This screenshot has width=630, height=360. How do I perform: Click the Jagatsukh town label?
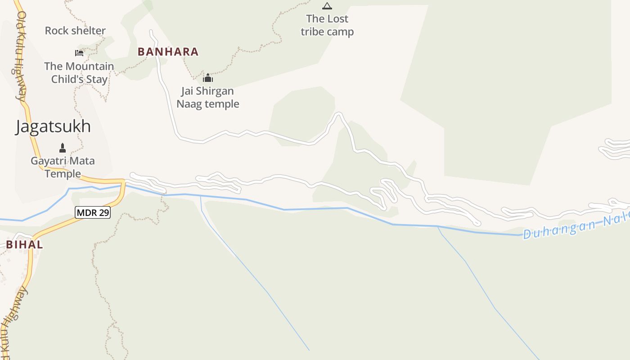pyautogui.click(x=53, y=126)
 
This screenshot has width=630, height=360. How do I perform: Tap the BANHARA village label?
pyautogui.click(x=168, y=52)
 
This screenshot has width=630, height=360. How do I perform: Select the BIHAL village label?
pyautogui.click(x=24, y=245)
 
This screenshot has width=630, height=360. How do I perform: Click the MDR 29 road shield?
pyautogui.click(x=93, y=212)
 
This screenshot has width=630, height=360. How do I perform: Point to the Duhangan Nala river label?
pyautogui.click(x=576, y=228)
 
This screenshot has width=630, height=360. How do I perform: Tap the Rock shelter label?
pyautogui.click(x=75, y=31)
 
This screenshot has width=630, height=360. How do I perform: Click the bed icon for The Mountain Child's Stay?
pyautogui.click(x=79, y=53)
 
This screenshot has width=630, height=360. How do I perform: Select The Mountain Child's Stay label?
pyautogui.click(x=79, y=73)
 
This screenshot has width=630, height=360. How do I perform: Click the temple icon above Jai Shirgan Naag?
pyautogui.click(x=207, y=78)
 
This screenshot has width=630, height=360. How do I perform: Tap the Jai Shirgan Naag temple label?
pyautogui.click(x=207, y=97)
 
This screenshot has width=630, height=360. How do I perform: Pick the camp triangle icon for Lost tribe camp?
pyautogui.click(x=327, y=6)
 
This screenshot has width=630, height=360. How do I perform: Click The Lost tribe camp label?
pyautogui.click(x=327, y=25)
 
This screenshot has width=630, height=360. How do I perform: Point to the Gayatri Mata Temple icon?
pyautogui.click(x=63, y=148)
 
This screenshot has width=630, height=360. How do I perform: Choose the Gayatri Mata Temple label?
pyautogui.click(x=63, y=167)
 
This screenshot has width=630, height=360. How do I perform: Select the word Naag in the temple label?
pyautogui.click(x=189, y=104)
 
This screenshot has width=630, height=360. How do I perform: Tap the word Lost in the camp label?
pyautogui.click(x=337, y=19)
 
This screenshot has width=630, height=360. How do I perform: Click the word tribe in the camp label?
pyautogui.click(x=312, y=32)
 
